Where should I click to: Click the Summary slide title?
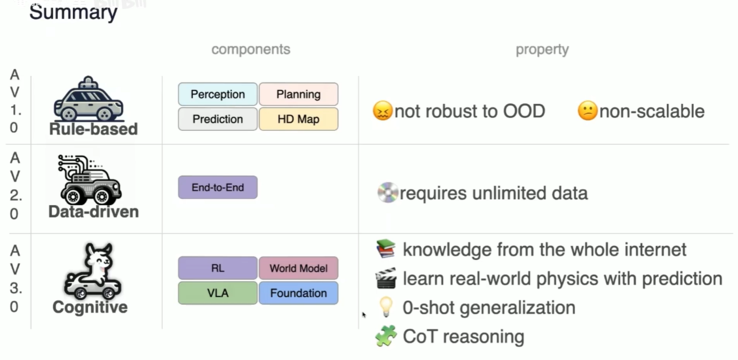pos(73,12)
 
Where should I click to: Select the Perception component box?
pos(217,94)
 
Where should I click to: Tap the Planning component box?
pos(298,94)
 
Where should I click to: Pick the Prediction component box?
pos(217,119)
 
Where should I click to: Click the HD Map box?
pos(298,119)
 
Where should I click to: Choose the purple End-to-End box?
pos(217,188)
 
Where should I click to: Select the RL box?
pos(217,268)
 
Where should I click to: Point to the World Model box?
pos(298,268)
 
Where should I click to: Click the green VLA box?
pos(217,293)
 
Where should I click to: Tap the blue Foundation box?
pos(298,293)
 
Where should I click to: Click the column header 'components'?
pos(251,49)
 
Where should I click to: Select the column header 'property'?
pos(542,49)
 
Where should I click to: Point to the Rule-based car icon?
pos(88,100)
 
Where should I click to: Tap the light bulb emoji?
pos(386,307)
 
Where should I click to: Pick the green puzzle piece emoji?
pos(386,336)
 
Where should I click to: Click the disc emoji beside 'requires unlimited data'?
pos(387,193)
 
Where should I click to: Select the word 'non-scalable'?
pos(651,111)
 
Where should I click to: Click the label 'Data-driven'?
pos(93,212)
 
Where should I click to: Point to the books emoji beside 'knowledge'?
pos(386,249)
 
